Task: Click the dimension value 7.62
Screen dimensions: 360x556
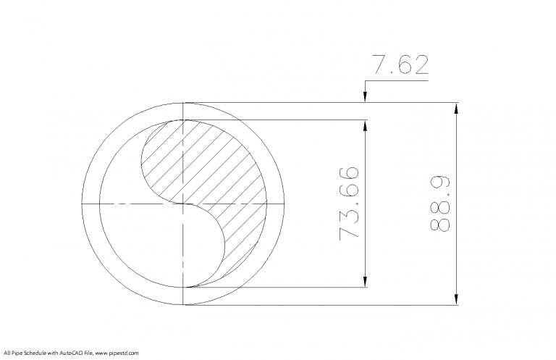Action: click(400, 65)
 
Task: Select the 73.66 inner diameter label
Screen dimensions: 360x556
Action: click(348, 204)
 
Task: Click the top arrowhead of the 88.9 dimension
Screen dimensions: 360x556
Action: click(456, 108)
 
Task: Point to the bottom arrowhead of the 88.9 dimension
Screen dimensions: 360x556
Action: click(456, 299)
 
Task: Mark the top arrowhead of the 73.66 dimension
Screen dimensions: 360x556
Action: click(366, 125)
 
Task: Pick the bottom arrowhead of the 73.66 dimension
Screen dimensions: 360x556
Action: click(366, 282)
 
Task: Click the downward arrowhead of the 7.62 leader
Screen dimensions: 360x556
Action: click(366, 97)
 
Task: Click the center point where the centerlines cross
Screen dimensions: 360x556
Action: click(185, 204)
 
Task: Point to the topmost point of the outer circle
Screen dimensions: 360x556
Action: click(185, 102)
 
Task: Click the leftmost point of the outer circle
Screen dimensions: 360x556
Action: click(84, 204)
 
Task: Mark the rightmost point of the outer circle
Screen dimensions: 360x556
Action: click(287, 204)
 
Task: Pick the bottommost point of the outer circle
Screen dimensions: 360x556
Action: click(185, 305)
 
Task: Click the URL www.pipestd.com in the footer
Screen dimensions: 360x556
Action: click(117, 353)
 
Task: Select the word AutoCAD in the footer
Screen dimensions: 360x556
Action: click(71, 353)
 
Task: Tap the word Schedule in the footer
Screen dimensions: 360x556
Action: click(36, 353)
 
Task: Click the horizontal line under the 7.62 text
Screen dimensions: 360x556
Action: click(398, 81)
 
